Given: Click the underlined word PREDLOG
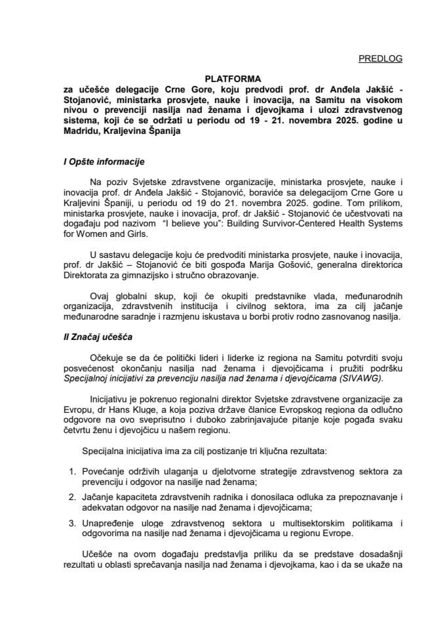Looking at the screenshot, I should (x=381, y=59).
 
